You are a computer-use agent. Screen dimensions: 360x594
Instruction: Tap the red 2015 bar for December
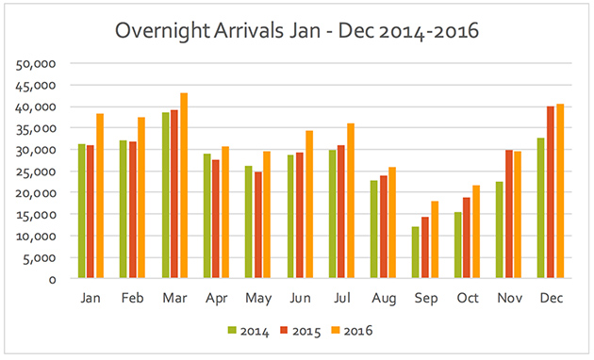pyautogui.click(x=551, y=192)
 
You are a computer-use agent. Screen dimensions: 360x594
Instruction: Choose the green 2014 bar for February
pyautogui.click(x=124, y=209)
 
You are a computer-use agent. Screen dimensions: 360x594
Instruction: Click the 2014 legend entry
pyautogui.click(x=248, y=331)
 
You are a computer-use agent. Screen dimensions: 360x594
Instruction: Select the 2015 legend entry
pyautogui.click(x=300, y=331)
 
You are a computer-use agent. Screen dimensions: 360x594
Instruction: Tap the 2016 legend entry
pyautogui.click(x=352, y=331)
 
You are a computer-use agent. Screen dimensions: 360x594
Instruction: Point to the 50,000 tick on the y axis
pyautogui.click(x=38, y=64)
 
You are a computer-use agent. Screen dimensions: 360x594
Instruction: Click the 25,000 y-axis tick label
pyautogui.click(x=38, y=172)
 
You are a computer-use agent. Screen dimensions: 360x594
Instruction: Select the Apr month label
pyautogui.click(x=216, y=298)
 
